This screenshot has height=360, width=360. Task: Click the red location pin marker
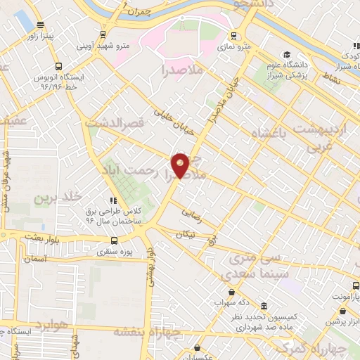[181, 165]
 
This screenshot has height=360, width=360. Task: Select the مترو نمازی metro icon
[233, 36]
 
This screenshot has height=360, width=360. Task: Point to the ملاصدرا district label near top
[182, 69]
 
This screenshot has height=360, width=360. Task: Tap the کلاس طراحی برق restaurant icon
[114, 200]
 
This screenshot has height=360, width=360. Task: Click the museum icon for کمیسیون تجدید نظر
[264, 307]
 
